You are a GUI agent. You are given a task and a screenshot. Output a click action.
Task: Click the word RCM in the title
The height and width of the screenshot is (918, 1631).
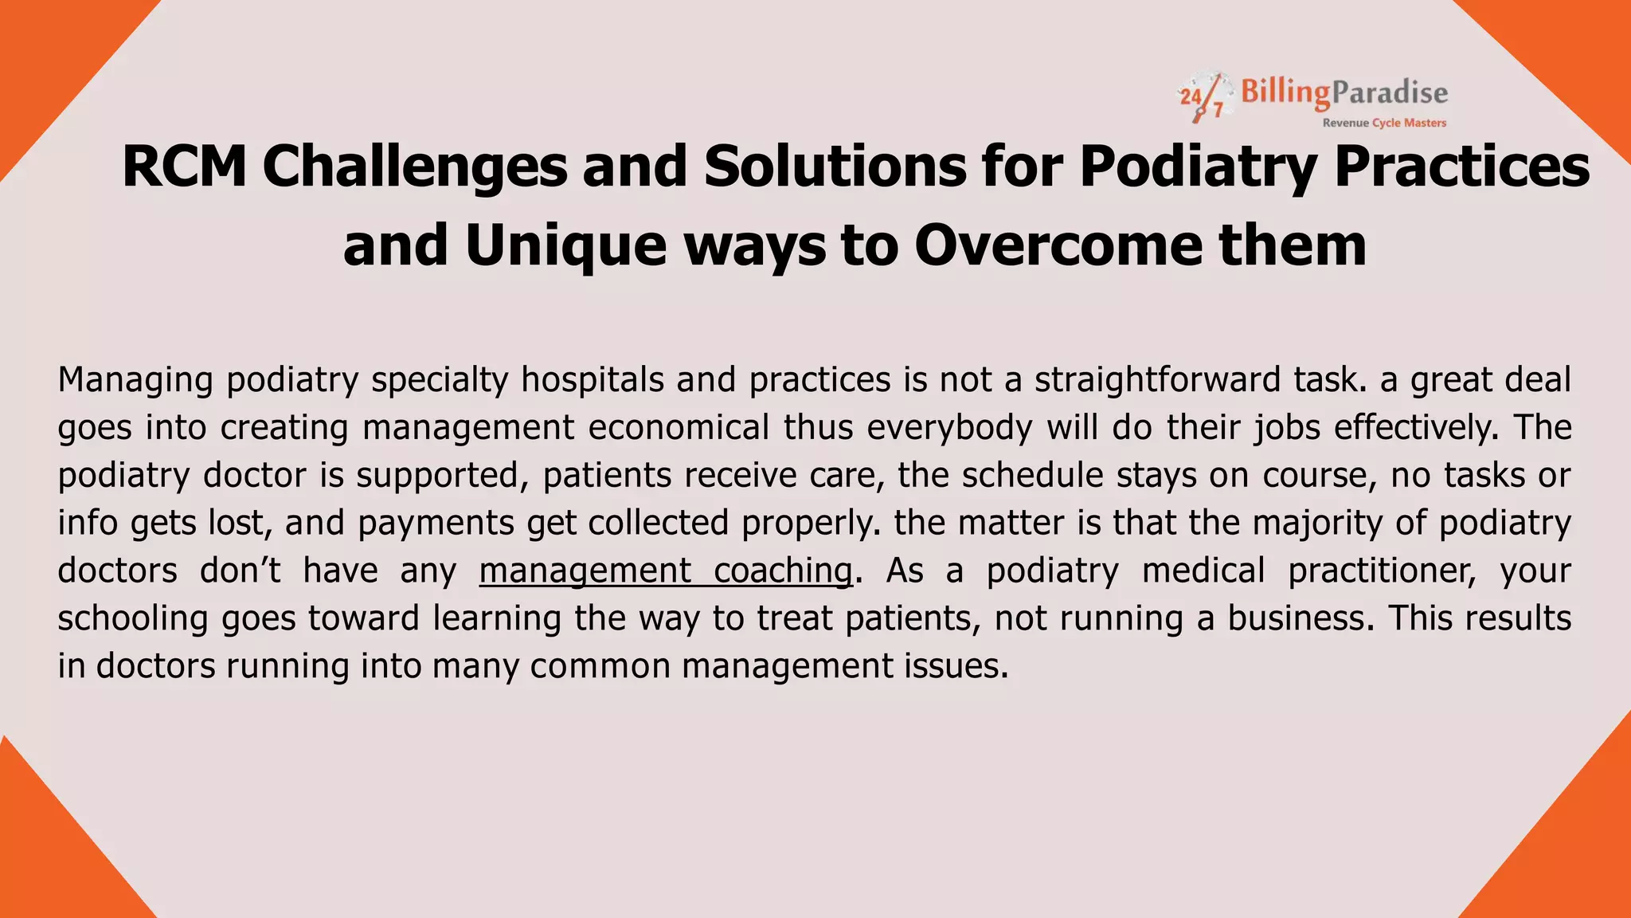(184, 167)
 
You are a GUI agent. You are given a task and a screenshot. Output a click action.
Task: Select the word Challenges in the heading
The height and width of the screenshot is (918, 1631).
(414, 167)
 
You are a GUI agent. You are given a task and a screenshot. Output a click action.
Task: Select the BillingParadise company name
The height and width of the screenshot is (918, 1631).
(1344, 93)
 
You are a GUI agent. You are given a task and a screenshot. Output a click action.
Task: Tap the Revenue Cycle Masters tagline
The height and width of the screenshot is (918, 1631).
(1384, 123)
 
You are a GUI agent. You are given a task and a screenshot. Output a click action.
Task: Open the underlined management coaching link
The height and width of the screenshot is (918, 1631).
(666, 571)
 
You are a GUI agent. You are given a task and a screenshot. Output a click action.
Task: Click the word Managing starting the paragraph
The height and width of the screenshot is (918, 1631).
(135, 379)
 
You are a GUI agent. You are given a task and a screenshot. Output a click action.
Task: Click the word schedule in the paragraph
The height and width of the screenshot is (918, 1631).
(1032, 475)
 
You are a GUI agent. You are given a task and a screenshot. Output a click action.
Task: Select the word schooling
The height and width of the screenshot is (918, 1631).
(133, 618)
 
